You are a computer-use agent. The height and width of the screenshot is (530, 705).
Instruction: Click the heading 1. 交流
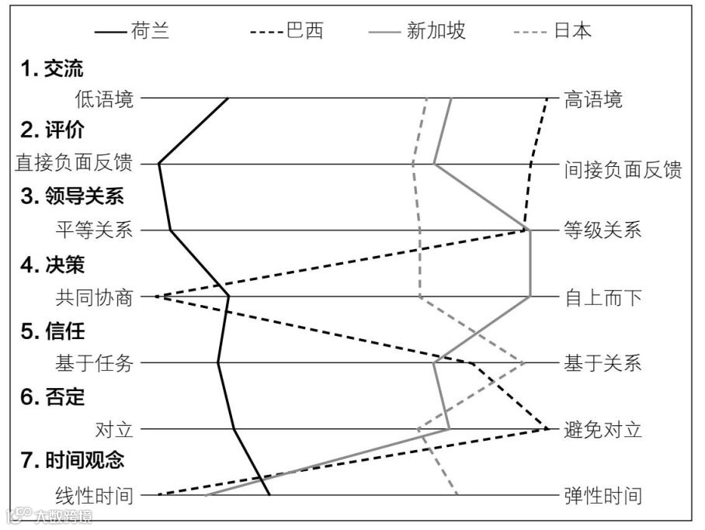click(x=52, y=69)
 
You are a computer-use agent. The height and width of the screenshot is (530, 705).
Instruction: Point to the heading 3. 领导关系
click(x=72, y=197)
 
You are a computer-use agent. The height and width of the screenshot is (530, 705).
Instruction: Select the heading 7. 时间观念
click(x=72, y=460)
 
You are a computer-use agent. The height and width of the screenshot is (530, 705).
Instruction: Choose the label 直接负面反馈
click(x=75, y=165)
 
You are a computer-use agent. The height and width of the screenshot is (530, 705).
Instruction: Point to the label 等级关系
click(x=603, y=230)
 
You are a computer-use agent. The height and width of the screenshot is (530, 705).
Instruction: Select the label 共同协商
click(x=94, y=296)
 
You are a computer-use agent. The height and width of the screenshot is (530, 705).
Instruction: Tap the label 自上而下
click(x=603, y=296)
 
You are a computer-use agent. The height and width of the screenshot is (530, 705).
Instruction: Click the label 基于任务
click(x=94, y=362)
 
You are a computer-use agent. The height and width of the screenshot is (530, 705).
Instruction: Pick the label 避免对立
click(x=603, y=428)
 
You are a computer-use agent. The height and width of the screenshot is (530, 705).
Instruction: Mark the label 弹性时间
click(x=603, y=494)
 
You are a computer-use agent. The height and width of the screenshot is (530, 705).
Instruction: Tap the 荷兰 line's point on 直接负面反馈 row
click(x=159, y=165)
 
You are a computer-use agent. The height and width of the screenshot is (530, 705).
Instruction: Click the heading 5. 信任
click(x=52, y=331)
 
